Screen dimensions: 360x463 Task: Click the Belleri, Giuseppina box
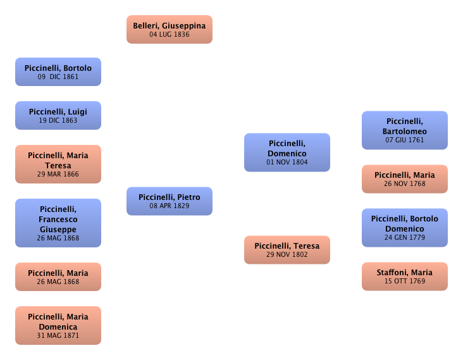169,30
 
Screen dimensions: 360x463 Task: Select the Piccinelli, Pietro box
169,201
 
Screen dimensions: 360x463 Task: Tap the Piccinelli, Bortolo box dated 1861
58,71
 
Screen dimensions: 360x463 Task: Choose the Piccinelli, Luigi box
58,115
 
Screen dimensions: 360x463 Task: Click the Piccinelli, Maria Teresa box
58,164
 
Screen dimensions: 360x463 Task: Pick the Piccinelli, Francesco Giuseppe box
58,223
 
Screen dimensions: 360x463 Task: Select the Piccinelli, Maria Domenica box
58,325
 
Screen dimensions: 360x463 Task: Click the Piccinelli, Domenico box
287,152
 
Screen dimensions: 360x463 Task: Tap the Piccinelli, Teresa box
287,249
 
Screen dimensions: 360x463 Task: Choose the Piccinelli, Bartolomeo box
404,130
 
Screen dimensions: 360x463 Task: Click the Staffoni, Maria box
404,276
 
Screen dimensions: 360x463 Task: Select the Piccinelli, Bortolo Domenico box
404,228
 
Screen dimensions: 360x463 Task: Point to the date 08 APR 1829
169,206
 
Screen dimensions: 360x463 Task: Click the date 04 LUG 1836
169,35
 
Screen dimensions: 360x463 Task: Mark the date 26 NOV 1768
404,184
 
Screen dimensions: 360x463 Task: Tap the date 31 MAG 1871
58,335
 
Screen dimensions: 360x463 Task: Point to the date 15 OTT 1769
404,281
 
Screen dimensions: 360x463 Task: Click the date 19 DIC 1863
58,120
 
